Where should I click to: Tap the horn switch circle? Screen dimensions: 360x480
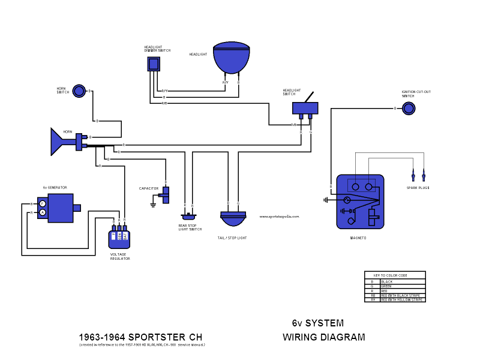(79, 91)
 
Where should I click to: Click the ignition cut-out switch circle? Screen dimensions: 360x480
(408, 108)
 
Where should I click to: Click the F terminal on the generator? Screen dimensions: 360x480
(43, 204)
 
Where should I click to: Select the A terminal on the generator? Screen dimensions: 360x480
(43, 212)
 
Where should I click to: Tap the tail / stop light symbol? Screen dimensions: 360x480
(233, 219)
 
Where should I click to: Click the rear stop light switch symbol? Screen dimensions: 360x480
(188, 216)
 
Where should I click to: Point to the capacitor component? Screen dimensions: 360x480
(166, 194)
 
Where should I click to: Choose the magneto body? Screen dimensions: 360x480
(359, 202)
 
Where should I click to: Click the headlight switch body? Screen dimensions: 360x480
(305, 108)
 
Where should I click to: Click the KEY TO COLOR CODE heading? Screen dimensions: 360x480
(394, 275)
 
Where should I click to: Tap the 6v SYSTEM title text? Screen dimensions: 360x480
(318, 323)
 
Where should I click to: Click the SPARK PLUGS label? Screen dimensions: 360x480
(418, 188)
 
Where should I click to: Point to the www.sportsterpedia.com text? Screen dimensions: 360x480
(279, 217)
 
